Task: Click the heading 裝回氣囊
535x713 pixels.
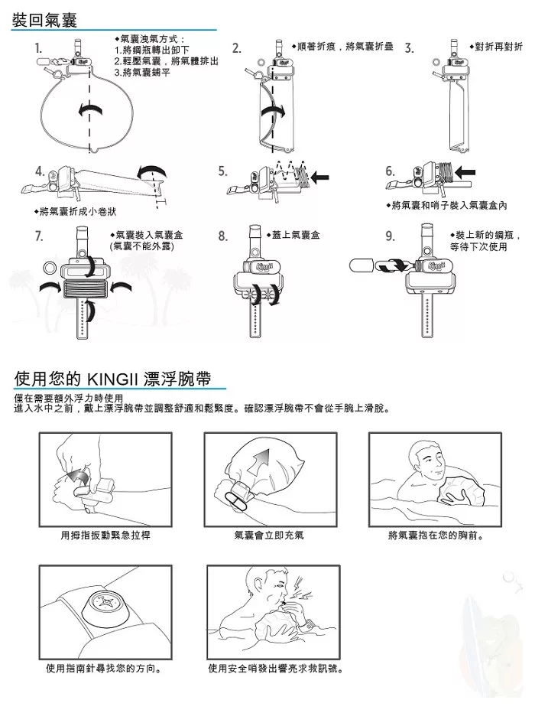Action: [x=44, y=21]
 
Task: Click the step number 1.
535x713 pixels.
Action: [x=39, y=49]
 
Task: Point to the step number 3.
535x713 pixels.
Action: [x=409, y=49]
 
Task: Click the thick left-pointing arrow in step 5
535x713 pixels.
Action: [x=319, y=177]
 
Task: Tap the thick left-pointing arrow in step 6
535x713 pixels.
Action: [x=465, y=172]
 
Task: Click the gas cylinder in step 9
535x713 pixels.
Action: [x=362, y=265]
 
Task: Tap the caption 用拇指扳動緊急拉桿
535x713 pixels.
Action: [x=105, y=536]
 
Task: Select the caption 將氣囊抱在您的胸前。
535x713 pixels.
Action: [x=436, y=536]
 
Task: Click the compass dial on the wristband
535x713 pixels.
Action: [x=103, y=603]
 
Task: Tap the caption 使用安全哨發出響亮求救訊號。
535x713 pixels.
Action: [x=276, y=669]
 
